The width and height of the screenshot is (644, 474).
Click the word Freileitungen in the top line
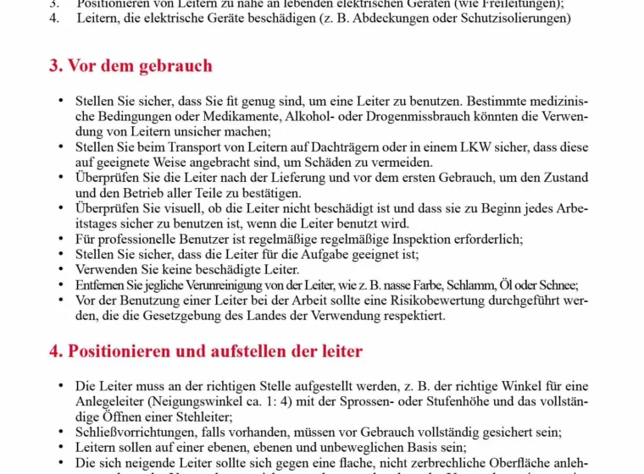(x=518, y=3)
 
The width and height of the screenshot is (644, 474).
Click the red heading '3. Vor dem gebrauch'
(x=130, y=66)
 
